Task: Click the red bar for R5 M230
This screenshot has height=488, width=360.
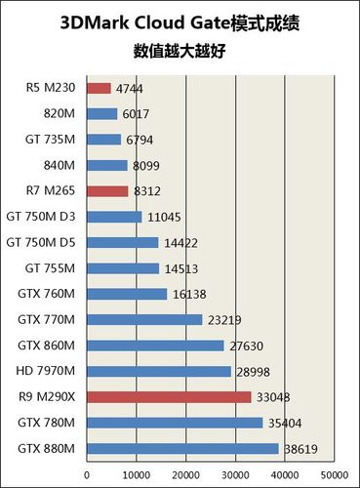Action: [99, 88]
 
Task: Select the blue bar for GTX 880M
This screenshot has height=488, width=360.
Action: [182, 449]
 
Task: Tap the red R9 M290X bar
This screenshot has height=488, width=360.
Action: [169, 397]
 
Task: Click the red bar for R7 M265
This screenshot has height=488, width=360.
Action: [107, 191]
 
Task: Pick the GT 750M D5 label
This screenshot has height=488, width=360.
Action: [41, 242]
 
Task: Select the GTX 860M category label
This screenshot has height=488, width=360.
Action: [47, 346]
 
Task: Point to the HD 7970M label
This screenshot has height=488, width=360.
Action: [47, 371]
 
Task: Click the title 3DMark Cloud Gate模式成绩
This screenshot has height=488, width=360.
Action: [180, 20]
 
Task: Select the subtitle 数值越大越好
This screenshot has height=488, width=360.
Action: [180, 49]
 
